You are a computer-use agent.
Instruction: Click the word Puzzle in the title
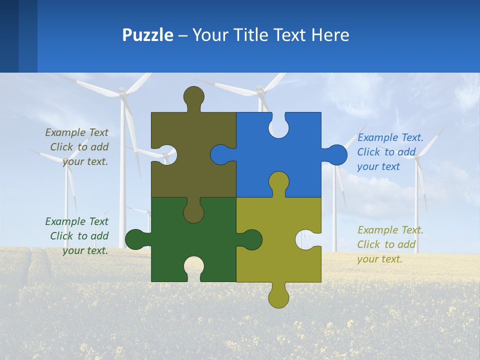147,35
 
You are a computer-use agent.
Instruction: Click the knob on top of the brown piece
194,96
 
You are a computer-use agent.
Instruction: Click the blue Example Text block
390,152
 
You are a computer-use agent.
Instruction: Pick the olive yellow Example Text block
390,244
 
